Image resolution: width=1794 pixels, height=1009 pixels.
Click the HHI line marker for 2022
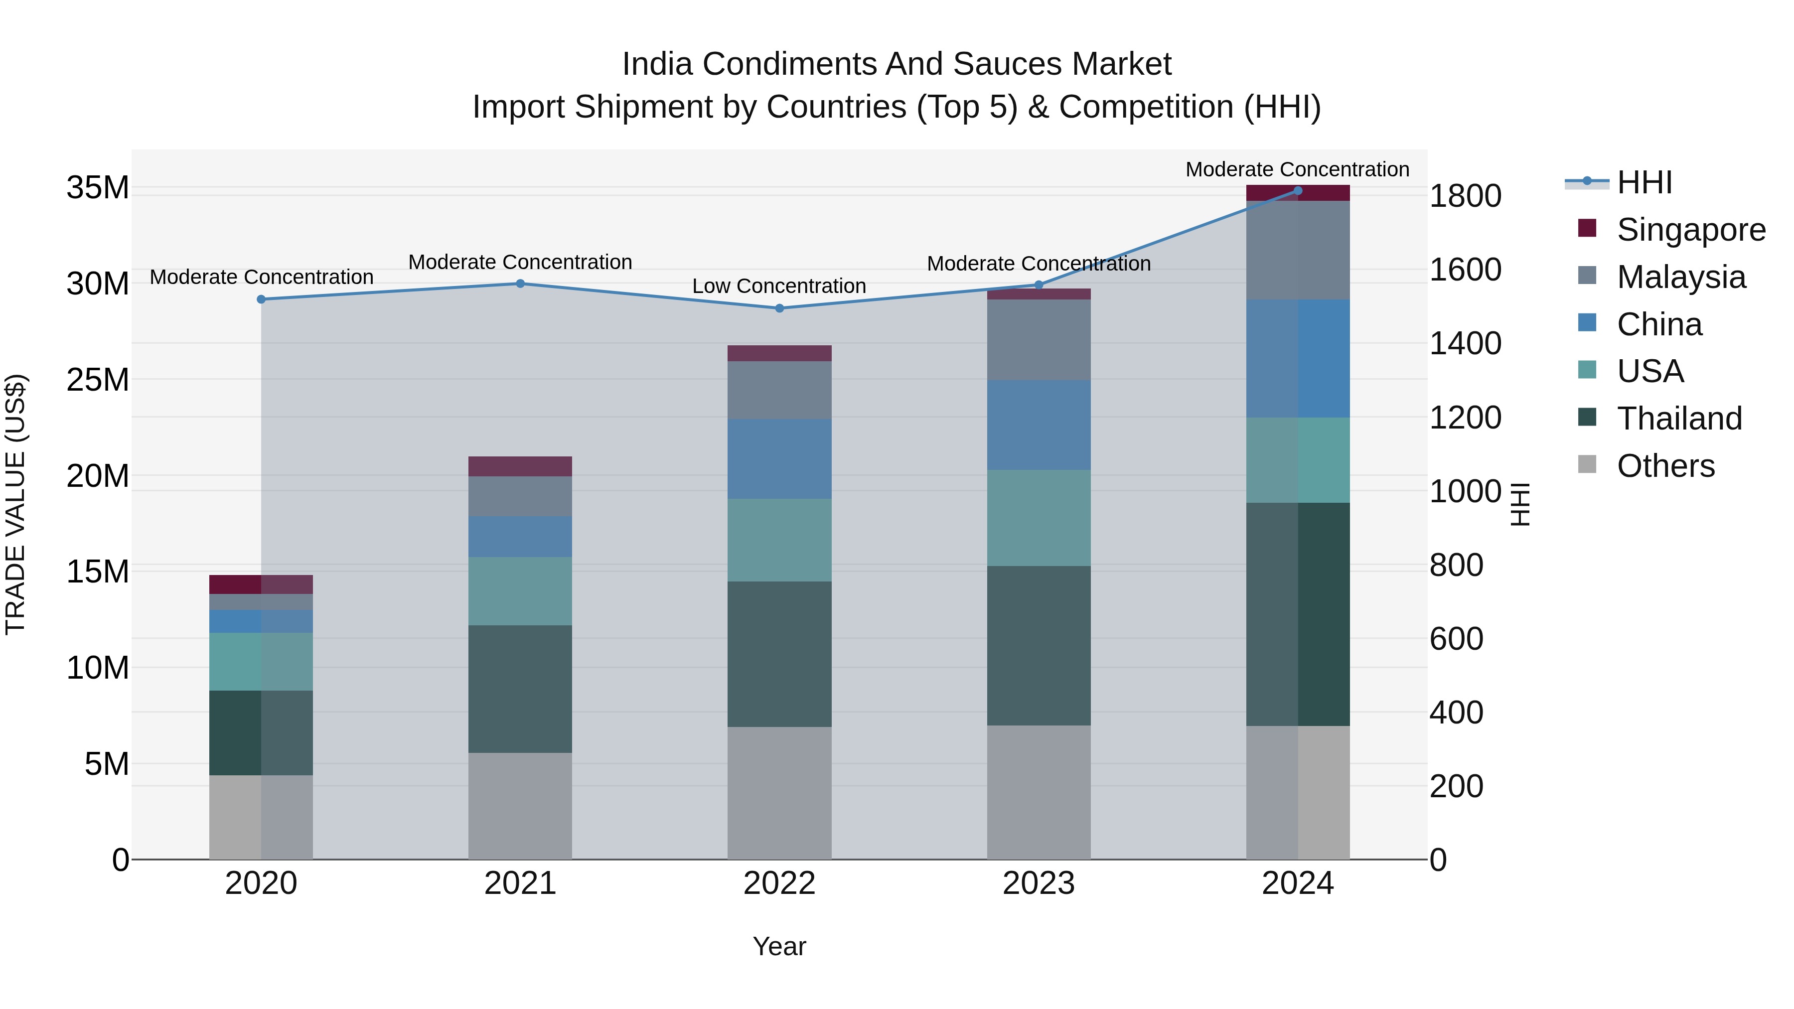point(779,308)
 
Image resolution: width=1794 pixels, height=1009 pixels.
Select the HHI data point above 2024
point(1298,191)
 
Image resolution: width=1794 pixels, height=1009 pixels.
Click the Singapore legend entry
point(1690,230)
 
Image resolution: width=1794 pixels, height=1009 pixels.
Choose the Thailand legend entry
point(1679,419)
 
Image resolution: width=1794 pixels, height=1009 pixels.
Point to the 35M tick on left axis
point(98,188)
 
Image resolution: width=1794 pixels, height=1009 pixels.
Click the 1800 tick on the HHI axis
point(1465,196)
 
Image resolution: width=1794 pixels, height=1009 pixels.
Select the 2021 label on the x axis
point(520,883)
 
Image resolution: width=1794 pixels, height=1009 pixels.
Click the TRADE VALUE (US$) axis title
point(15,504)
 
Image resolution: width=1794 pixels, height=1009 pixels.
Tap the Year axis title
point(779,946)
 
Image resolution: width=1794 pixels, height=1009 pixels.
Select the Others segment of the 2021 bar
point(520,806)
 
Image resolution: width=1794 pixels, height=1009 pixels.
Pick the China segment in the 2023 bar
point(1039,425)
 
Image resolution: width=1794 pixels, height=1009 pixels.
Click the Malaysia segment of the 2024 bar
point(1298,250)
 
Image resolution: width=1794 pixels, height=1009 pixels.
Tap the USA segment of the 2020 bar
point(261,662)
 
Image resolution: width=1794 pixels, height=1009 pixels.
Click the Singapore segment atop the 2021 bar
point(520,466)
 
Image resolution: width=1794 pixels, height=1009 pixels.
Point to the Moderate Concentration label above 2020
point(261,277)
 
